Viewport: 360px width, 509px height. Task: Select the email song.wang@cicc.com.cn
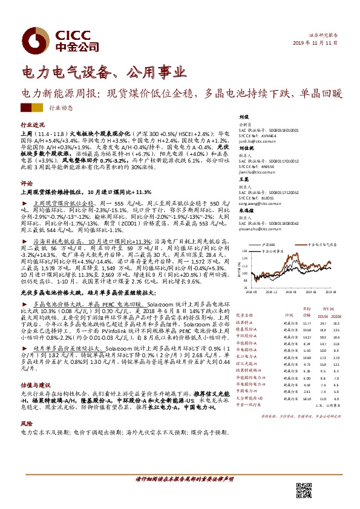259,204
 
